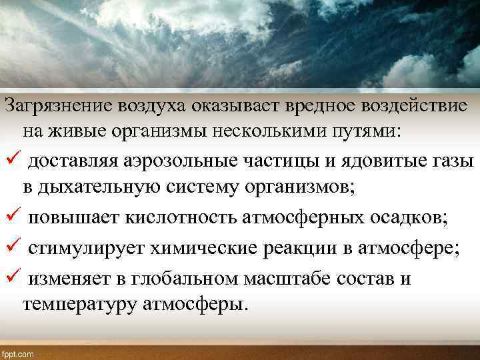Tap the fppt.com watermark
(x=18, y=354)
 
